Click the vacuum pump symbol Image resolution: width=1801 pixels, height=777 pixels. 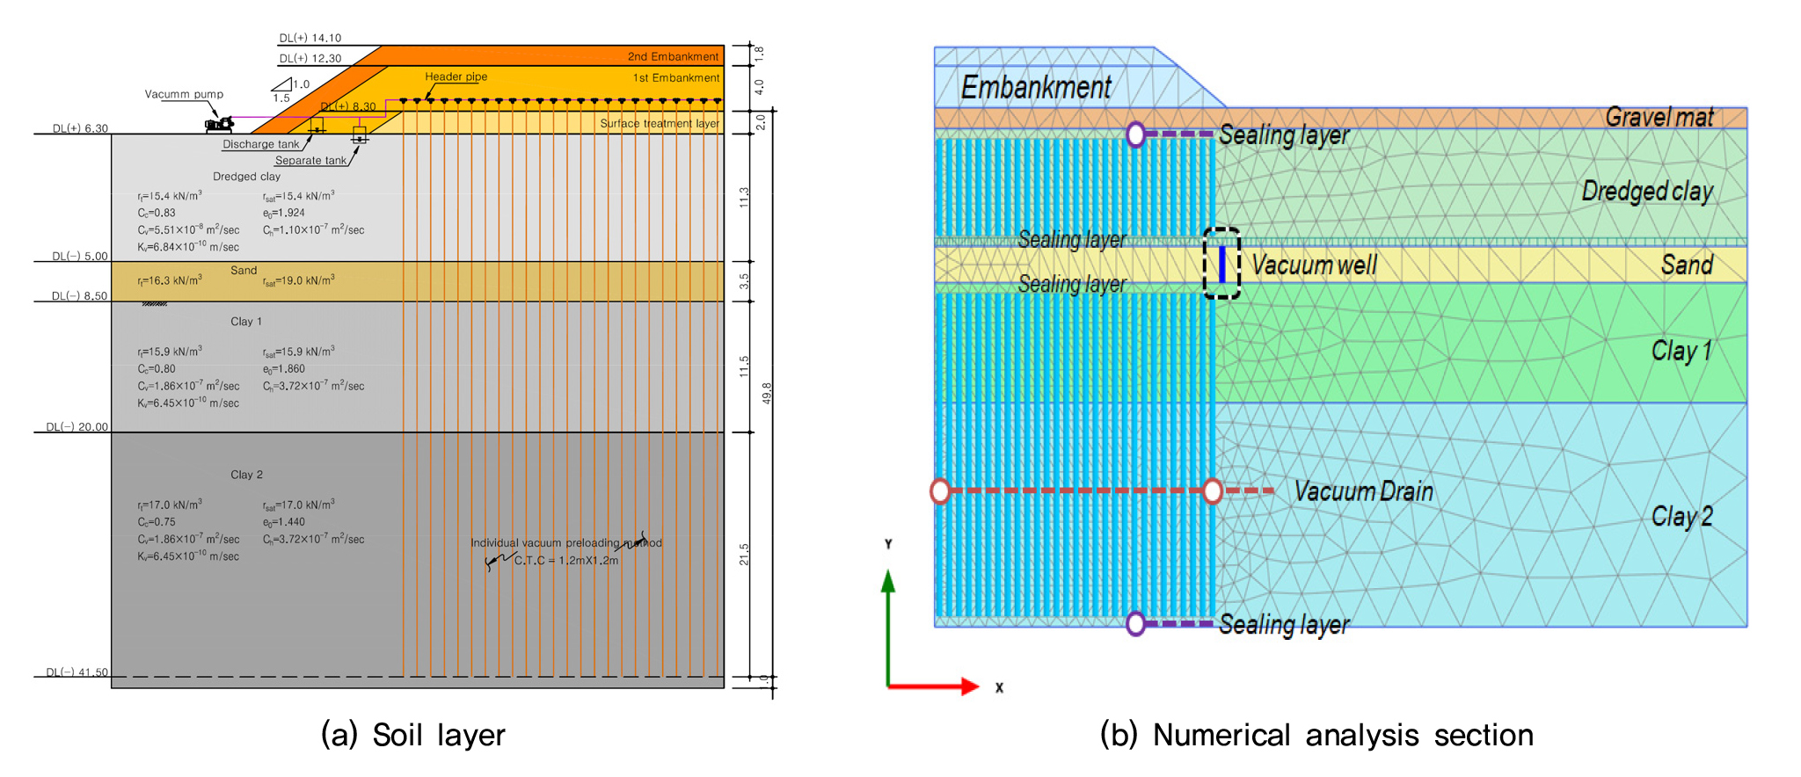coord(219,124)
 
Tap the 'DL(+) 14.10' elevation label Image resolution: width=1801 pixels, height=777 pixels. coord(310,38)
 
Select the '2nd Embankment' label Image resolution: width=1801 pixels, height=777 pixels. coord(673,56)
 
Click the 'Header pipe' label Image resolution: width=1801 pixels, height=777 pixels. coord(456,76)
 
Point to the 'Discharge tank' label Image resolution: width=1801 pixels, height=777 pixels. coord(260,144)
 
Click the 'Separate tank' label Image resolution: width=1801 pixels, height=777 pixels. coord(310,161)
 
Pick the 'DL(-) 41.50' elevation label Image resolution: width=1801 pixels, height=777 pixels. coord(77,672)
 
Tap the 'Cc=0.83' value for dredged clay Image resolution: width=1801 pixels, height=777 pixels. coord(157,213)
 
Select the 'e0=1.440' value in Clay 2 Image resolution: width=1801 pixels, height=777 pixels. coord(284,522)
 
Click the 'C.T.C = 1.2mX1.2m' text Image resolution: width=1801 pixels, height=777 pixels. coord(566,561)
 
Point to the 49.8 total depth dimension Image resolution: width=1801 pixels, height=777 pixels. coord(767,393)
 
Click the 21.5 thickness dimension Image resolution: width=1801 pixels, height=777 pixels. coord(744,554)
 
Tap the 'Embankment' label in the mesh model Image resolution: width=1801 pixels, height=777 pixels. coord(1036,88)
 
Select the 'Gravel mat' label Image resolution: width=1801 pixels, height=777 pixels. coord(1659,117)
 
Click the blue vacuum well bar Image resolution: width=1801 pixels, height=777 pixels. coord(1221,264)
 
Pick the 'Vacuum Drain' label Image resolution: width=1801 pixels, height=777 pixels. coord(1363,491)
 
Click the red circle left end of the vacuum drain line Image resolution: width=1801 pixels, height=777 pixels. coord(940,491)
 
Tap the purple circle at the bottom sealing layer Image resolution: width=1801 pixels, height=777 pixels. coord(1135,624)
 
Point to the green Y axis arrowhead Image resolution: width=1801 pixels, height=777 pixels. coord(888,581)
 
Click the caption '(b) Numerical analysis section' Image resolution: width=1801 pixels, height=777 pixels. coord(1316,735)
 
